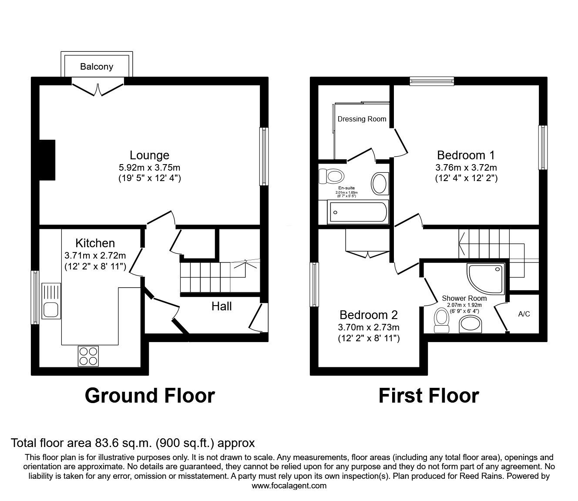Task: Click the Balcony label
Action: [97, 67]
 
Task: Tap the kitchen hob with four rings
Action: [88, 356]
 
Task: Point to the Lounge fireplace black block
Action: [47, 160]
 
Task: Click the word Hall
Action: [222, 306]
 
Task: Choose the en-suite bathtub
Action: [357, 213]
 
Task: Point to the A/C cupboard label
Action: [524, 314]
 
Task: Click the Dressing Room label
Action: [362, 119]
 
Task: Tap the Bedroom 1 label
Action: [466, 155]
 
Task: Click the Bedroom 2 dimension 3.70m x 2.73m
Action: [369, 327]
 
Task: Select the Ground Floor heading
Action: [150, 396]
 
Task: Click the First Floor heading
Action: [428, 396]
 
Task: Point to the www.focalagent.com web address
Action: [289, 485]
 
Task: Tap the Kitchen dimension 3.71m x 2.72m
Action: [95, 255]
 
